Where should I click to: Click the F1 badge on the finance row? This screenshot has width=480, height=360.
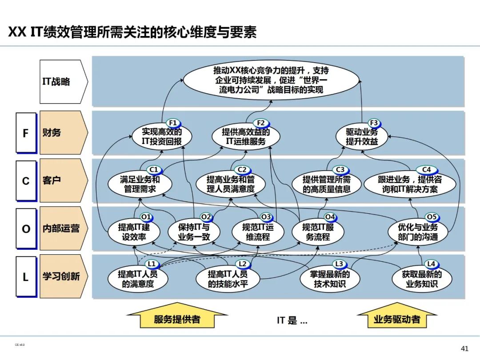pyautogui.click(x=173, y=123)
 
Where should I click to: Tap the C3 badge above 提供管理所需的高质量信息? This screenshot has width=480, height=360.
pyautogui.click(x=340, y=170)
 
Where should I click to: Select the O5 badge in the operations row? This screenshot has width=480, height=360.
pyautogui.click(x=432, y=217)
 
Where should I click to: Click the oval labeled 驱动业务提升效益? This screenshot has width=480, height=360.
pyautogui.click(x=362, y=137)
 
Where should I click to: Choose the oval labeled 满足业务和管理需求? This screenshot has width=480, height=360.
pyautogui.click(x=140, y=184)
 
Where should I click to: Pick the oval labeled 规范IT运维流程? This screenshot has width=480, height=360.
pyautogui.click(x=258, y=232)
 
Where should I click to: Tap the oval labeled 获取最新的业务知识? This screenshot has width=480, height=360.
pyautogui.click(x=417, y=280)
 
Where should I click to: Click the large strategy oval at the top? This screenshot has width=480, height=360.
pyautogui.click(x=271, y=80)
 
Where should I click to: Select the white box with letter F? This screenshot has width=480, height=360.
pyautogui.click(x=26, y=133)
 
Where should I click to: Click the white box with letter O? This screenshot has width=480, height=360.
pyautogui.click(x=26, y=228)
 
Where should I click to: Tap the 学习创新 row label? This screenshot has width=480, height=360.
pyautogui.click(x=61, y=276)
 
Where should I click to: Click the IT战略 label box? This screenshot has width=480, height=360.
pyautogui.click(x=61, y=82)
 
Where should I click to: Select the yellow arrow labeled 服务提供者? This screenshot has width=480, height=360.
pyautogui.click(x=177, y=319)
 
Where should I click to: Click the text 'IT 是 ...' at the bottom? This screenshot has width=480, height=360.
pyautogui.click(x=292, y=320)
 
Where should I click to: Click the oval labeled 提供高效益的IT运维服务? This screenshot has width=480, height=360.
pyautogui.click(x=246, y=137)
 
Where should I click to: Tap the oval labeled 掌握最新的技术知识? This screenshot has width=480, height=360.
pyautogui.click(x=330, y=280)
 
